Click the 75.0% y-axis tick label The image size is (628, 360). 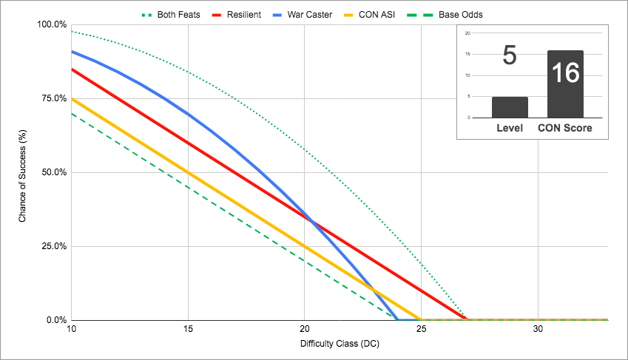coord(53,98)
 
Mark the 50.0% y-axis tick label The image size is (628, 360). coord(53,172)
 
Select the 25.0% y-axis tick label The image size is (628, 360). coord(53,246)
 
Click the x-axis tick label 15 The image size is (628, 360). coord(188,329)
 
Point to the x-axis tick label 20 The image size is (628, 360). coord(305,329)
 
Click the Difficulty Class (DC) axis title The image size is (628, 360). coord(340,344)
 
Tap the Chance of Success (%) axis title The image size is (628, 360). coord(23,172)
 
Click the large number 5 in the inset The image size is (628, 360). coord(509,56)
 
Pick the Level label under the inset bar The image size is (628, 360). coord(510,129)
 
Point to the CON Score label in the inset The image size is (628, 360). coord(565,129)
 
